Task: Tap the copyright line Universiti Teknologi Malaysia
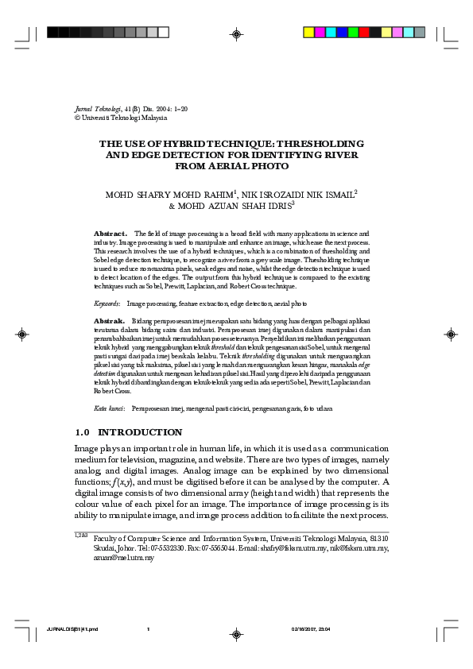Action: [123, 117]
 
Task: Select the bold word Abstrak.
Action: [109, 319]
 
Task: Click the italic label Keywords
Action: [107, 304]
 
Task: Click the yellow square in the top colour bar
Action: [309, 33]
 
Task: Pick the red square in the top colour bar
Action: [364, 33]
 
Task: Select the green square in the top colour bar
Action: [353, 33]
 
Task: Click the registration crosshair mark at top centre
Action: [236, 33]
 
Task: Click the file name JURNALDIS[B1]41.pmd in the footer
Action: [72, 629]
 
